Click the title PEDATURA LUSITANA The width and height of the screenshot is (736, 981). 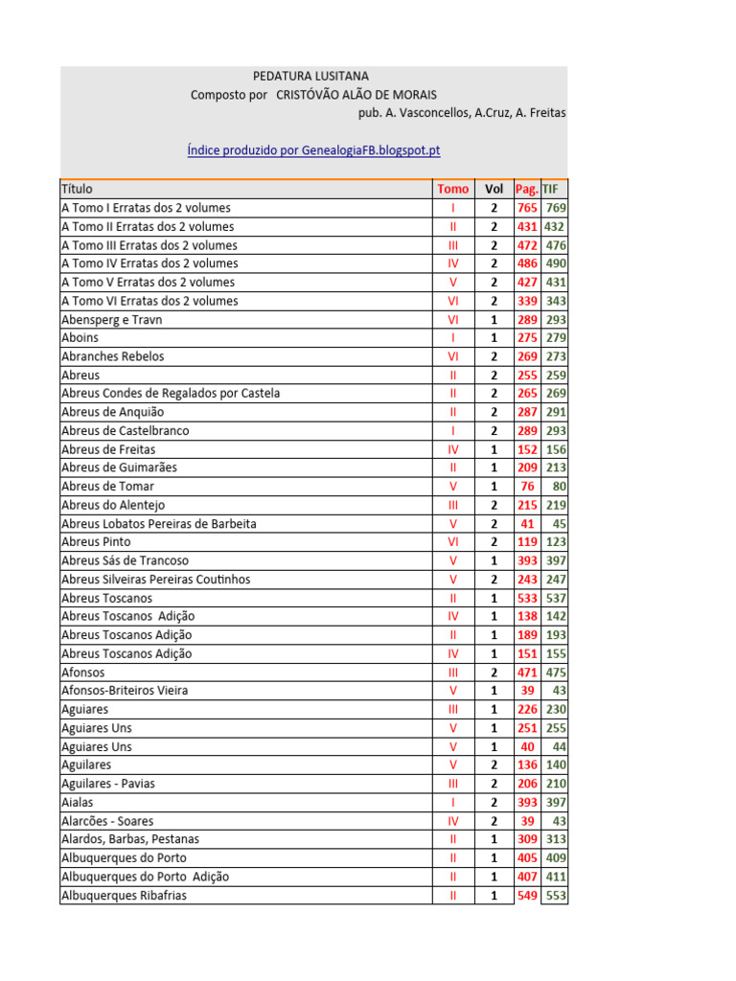[x=310, y=76]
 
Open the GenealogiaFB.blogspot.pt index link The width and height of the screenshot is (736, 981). [x=313, y=150]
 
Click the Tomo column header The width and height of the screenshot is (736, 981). [x=453, y=189]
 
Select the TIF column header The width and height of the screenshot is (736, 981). [x=550, y=189]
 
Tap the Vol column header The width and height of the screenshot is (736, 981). [x=494, y=189]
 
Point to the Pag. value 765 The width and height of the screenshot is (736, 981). [x=527, y=208]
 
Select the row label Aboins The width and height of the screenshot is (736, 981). [x=80, y=337]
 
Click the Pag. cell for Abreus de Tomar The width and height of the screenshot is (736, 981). [x=527, y=486]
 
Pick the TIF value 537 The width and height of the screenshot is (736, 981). [x=556, y=598]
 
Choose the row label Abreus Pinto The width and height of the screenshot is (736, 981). [x=97, y=541]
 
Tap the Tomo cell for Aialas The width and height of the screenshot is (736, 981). [x=453, y=802]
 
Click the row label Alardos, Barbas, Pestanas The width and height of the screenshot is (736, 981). [x=130, y=839]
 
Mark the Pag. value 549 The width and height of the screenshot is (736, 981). [x=527, y=896]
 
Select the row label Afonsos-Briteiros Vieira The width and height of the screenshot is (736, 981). [x=125, y=691]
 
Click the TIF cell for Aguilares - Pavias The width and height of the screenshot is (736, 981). [x=556, y=784]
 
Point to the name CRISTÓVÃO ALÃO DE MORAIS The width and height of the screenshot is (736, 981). [x=356, y=95]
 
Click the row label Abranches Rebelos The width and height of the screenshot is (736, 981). [x=113, y=356]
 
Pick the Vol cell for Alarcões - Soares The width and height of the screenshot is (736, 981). [x=494, y=821]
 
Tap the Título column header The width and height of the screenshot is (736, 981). [x=78, y=189]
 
